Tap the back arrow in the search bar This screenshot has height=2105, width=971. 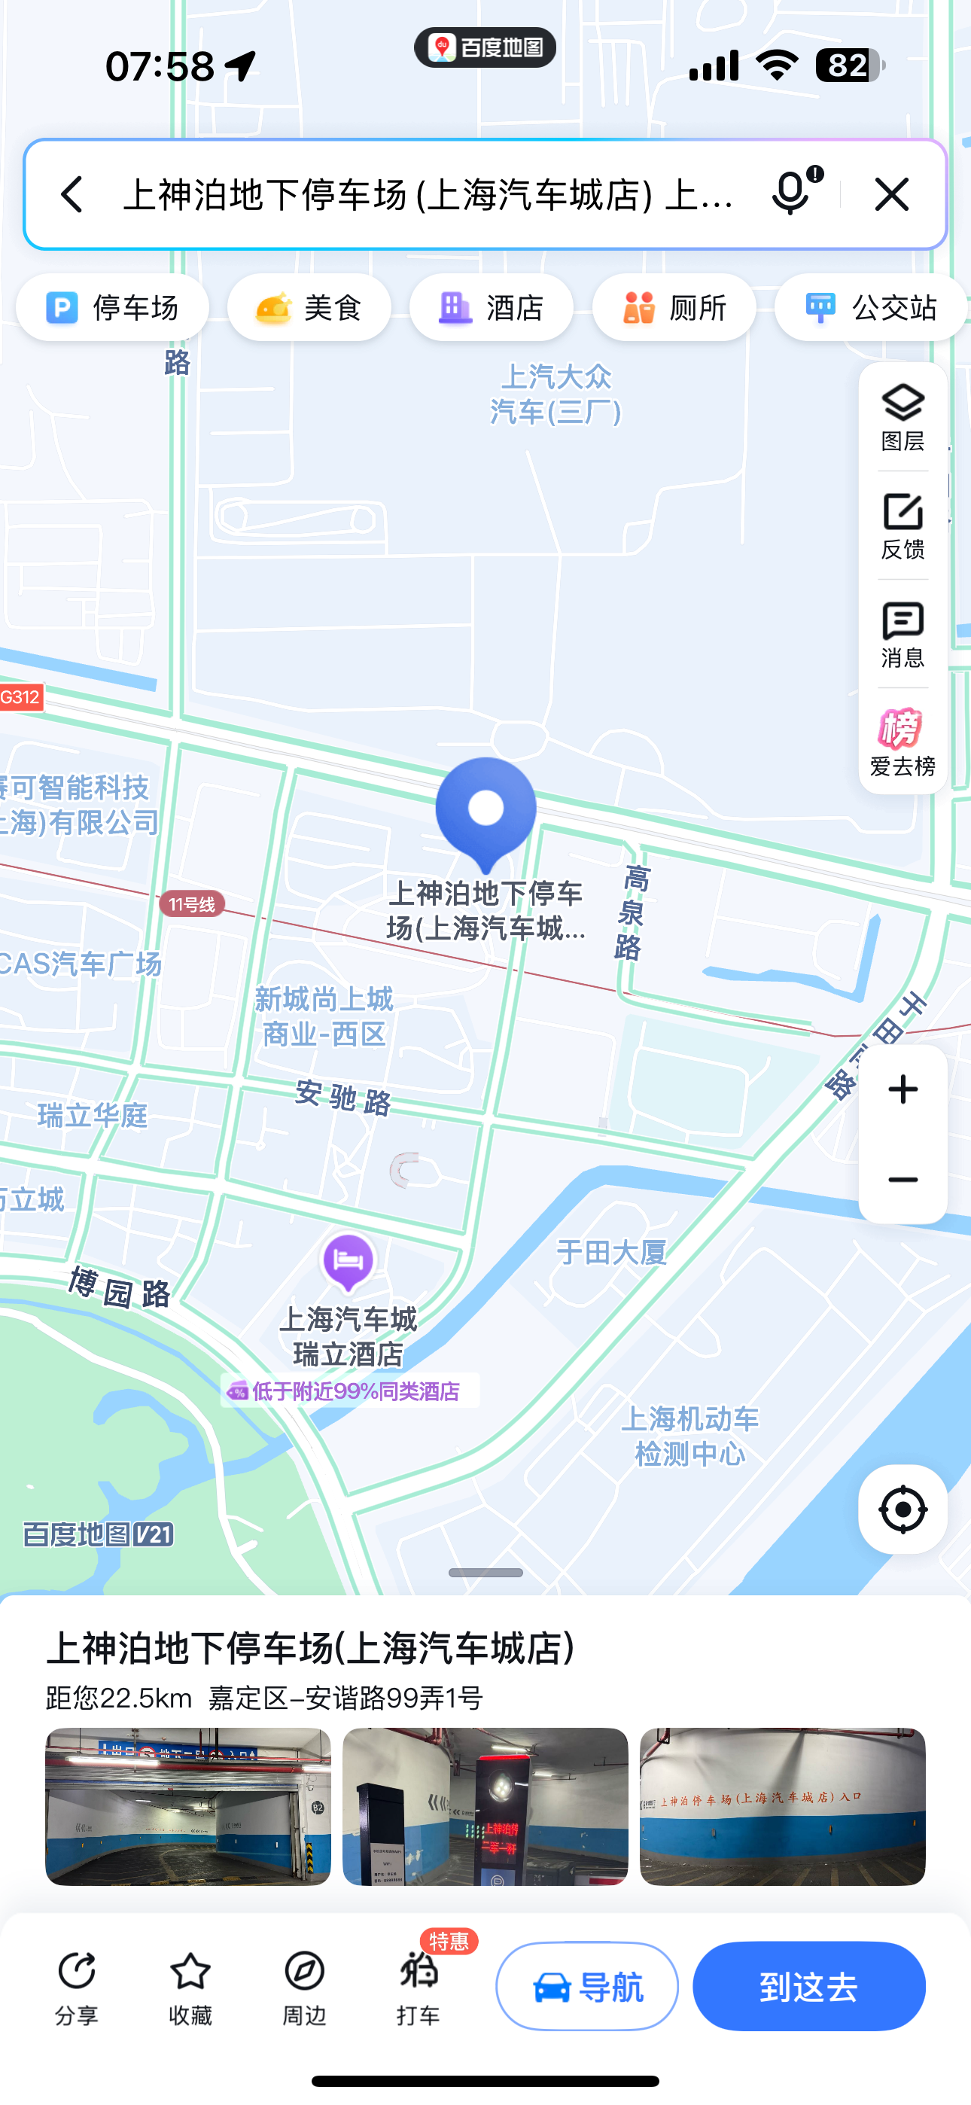[x=72, y=194]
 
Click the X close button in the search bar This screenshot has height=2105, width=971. [x=892, y=194]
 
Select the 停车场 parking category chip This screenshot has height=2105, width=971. [x=113, y=308]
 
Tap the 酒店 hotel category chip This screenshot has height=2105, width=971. [x=492, y=308]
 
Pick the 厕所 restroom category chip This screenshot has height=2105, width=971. [x=674, y=308]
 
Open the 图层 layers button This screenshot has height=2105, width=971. [x=903, y=417]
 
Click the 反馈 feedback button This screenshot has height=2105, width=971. [x=903, y=526]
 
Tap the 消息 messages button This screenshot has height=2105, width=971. [x=903, y=634]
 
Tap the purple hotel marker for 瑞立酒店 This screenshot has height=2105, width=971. [x=349, y=1262]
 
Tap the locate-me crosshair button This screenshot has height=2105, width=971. [x=903, y=1509]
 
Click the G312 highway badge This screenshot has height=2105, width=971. [x=20, y=697]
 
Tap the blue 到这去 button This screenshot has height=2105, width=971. [x=808, y=1987]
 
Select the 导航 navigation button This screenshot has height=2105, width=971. [x=587, y=1987]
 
